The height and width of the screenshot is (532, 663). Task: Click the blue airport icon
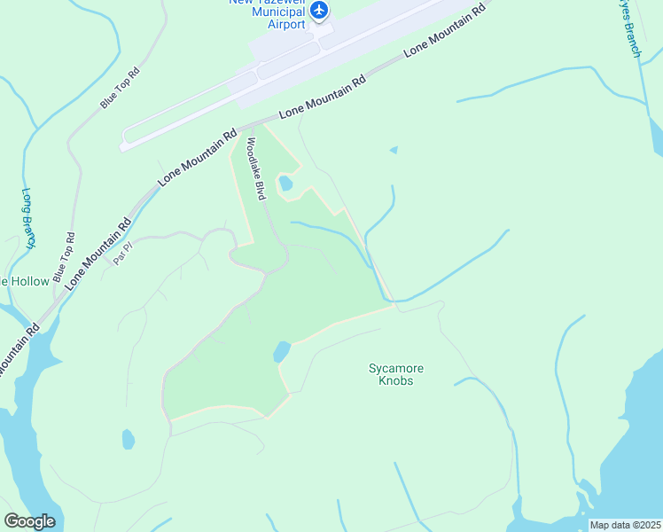[319, 11]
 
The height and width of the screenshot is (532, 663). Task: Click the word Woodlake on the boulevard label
[253, 157]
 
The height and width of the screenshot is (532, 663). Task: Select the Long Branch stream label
[28, 217]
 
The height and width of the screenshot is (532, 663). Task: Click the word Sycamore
[391, 368]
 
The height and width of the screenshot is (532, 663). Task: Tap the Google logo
[29, 521]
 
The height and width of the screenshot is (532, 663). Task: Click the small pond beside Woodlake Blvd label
[285, 184]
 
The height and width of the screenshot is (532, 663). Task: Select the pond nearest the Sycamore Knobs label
[282, 351]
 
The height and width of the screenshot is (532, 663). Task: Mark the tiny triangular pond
[394, 150]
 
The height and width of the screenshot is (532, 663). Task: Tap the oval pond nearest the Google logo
[128, 439]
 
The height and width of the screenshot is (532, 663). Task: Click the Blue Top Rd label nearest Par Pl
[65, 258]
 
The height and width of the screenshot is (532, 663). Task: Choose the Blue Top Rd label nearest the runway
[120, 88]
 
